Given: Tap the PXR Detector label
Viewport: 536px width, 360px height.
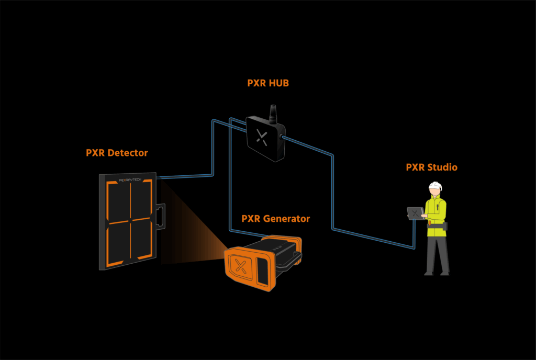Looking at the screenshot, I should [117, 153].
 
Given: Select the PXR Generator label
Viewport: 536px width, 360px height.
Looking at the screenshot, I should [275, 219].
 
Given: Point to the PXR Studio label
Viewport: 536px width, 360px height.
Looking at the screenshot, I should [431, 167].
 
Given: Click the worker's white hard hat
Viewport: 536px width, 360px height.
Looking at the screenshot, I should [434, 186].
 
